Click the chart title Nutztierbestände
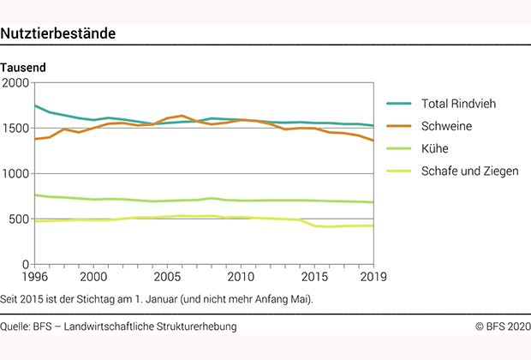[x=58, y=33]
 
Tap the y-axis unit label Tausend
[x=23, y=67]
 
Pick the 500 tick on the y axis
[x=20, y=219]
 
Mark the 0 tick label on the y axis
[x=26, y=264]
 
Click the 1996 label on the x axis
[x=35, y=277]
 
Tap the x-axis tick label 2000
[x=93, y=277]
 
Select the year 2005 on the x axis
[x=168, y=277]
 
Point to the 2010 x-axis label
[x=242, y=277]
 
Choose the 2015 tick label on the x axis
[x=314, y=277]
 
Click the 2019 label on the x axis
[x=373, y=277]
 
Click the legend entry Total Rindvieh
[x=458, y=105]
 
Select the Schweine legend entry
[x=446, y=126]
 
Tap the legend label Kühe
[x=435, y=148]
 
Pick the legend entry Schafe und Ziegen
[x=469, y=171]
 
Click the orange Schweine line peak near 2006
[x=182, y=116]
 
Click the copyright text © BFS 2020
[x=504, y=327]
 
